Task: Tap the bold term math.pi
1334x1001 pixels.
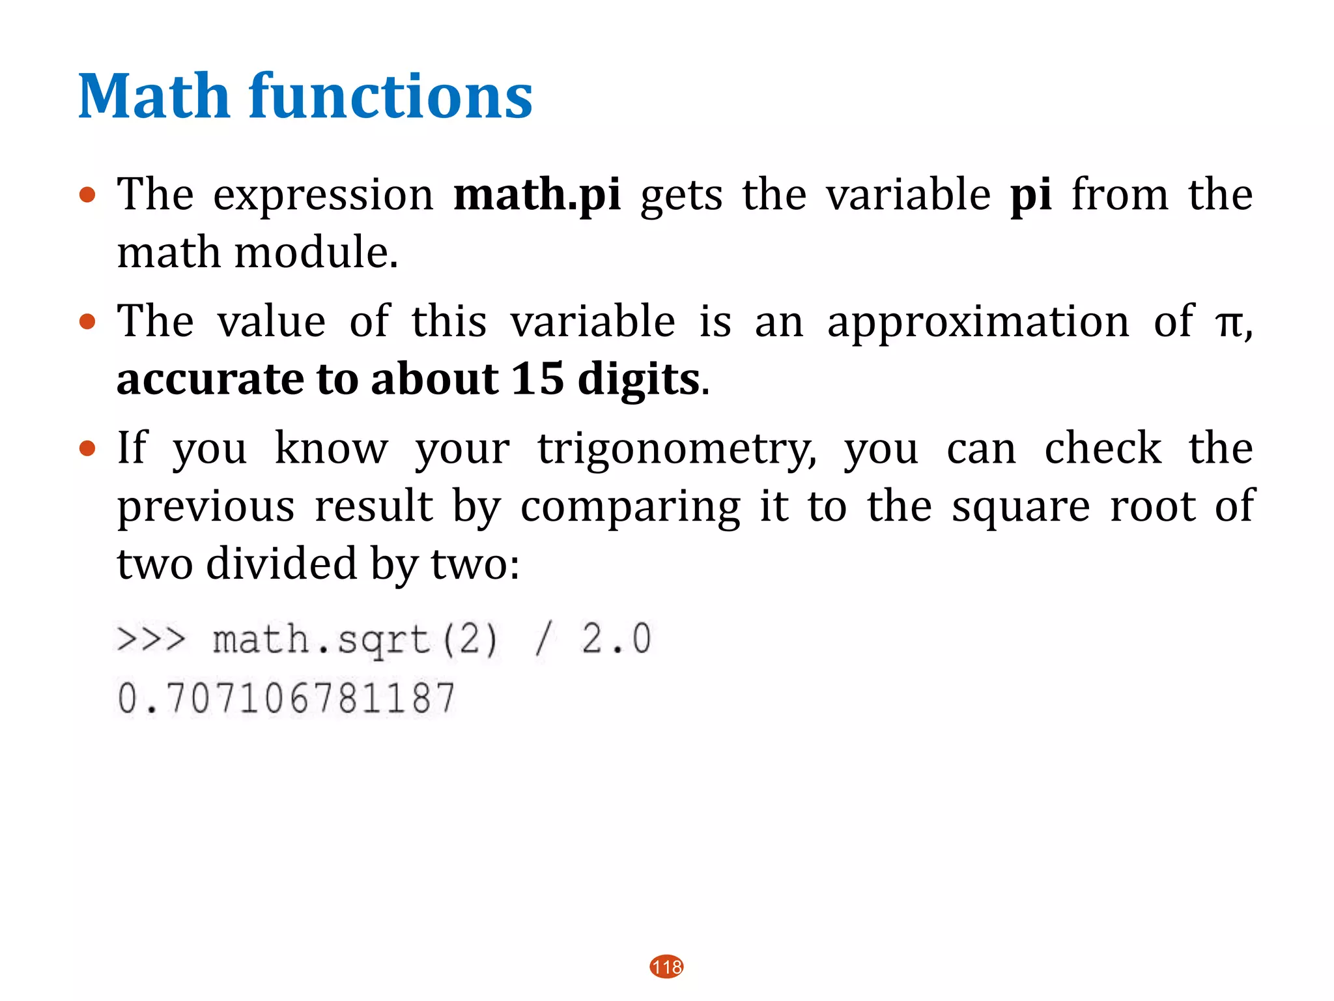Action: [537, 195]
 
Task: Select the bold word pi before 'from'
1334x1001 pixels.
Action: [1031, 195]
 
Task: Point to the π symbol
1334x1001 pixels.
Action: [1229, 323]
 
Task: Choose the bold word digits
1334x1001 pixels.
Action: [638, 380]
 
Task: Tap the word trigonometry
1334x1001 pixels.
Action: [677, 450]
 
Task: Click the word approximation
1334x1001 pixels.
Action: [978, 323]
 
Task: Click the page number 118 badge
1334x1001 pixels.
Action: [666, 966]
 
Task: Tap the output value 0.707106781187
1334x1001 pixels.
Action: [286, 698]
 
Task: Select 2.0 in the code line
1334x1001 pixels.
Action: [616, 639]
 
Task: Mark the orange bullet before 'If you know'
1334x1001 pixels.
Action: [87, 449]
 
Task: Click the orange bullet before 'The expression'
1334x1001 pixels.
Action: [87, 195]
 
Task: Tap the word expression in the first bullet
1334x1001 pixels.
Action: [323, 196]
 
